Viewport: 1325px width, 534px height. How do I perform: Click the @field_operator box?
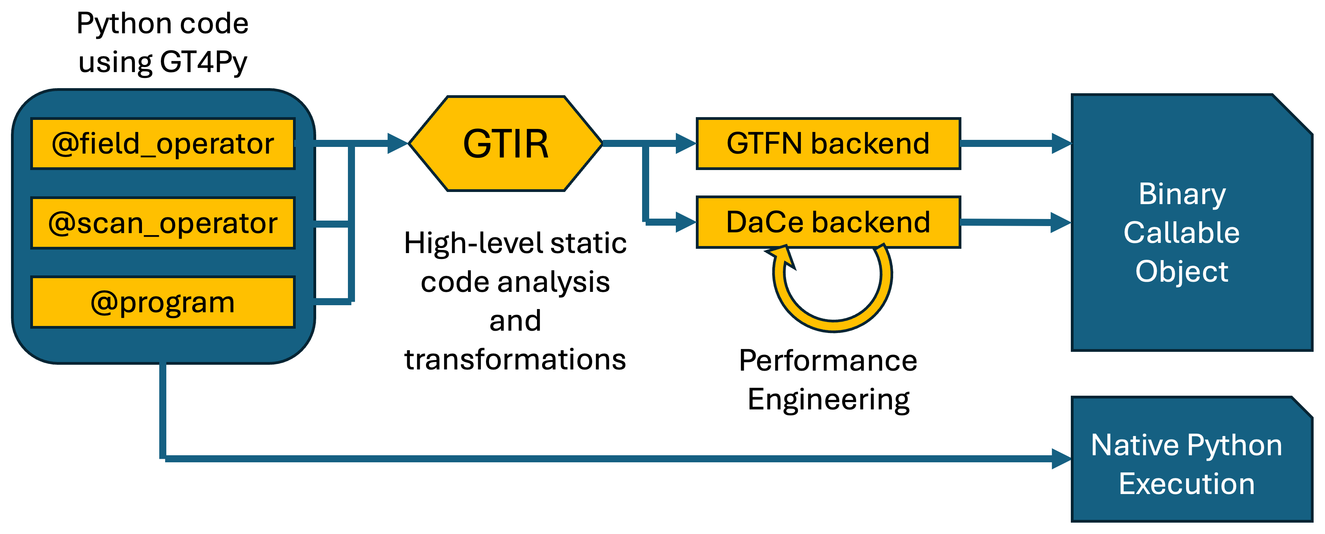click(x=162, y=143)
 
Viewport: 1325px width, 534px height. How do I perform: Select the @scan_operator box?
click(x=162, y=223)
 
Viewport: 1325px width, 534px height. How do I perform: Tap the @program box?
click(x=162, y=302)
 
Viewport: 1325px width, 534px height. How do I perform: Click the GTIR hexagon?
click(x=505, y=143)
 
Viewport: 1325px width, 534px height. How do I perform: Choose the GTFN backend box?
click(x=828, y=143)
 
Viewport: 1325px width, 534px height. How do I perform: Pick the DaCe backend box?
click(x=828, y=222)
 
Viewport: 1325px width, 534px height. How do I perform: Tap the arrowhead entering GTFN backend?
click(x=686, y=143)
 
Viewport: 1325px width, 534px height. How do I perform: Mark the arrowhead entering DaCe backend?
click(x=686, y=222)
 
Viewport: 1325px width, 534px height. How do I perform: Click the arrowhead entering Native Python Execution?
click(x=1061, y=458)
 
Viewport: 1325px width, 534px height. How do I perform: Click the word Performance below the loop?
click(x=828, y=361)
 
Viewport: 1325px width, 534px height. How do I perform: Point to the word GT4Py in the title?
click(x=203, y=62)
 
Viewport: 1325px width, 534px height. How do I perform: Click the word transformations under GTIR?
click(x=515, y=359)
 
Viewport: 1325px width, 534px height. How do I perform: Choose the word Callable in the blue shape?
click(x=1181, y=233)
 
